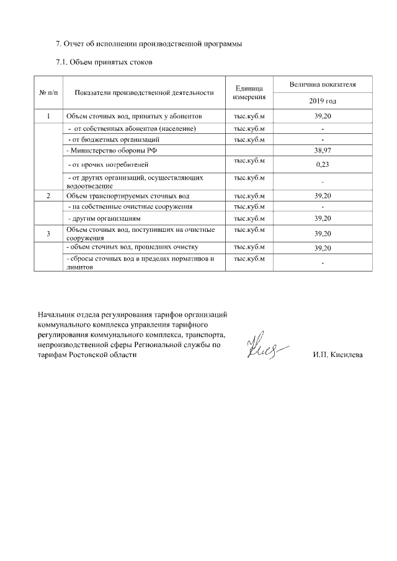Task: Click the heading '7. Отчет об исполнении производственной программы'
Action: [x=149, y=44]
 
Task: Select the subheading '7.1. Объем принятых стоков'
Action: [x=104, y=62]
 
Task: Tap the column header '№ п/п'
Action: [x=49, y=92]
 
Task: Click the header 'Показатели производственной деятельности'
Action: [x=143, y=92]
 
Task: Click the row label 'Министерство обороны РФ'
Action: [x=107, y=151]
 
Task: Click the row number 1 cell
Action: [x=49, y=117]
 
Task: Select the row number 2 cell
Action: [x=49, y=196]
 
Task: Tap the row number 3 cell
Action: [x=49, y=233]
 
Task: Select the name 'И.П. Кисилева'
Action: [x=338, y=355]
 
